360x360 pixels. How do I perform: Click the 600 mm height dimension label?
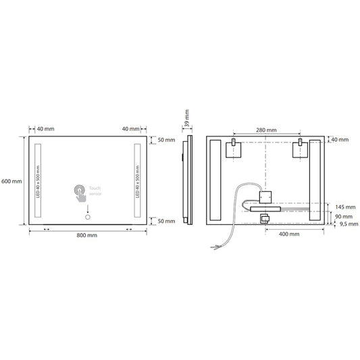[11, 181]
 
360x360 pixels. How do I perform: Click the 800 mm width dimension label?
[86, 235]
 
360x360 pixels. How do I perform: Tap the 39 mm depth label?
[187, 118]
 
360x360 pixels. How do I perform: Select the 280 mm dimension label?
[266, 130]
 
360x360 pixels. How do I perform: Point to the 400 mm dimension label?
[289, 234]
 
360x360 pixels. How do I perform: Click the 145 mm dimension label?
[345, 207]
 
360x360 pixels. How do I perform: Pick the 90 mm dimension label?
[344, 217]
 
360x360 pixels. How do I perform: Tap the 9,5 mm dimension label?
[349, 224]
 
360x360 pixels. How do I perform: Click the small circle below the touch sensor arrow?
[88, 217]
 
